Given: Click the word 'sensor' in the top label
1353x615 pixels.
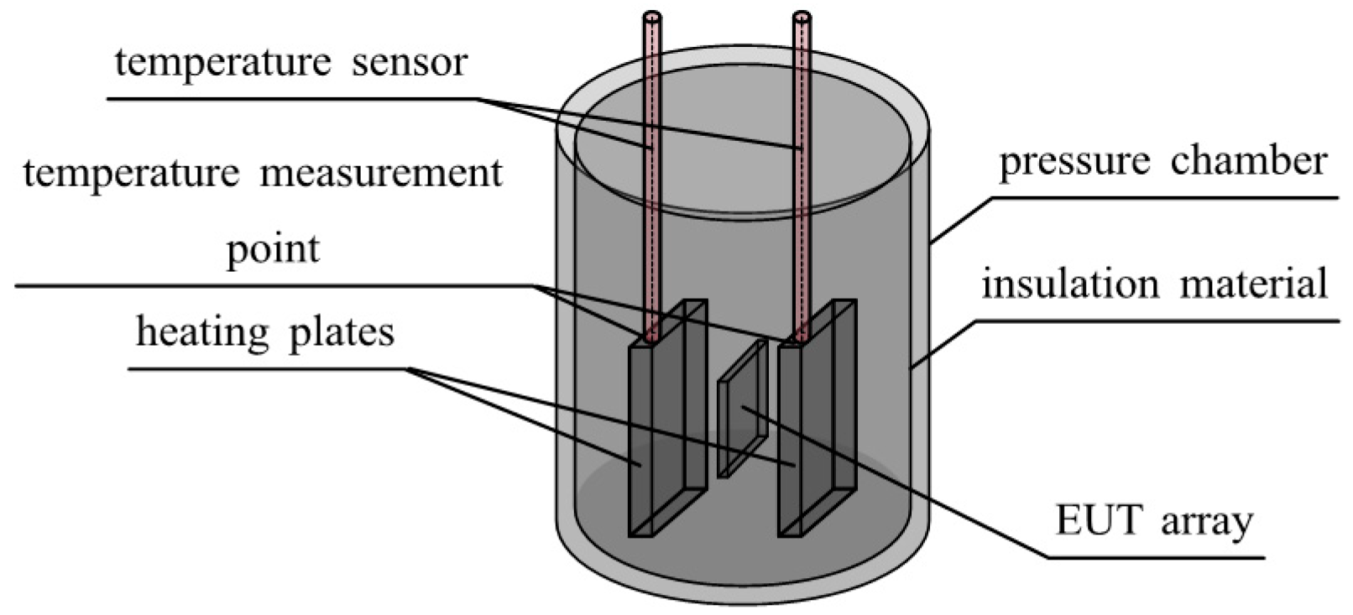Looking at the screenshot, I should [409, 63].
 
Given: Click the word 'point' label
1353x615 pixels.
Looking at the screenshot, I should [273, 249].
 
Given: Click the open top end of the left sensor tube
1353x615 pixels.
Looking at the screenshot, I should [652, 16].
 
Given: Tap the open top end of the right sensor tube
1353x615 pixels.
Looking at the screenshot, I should [802, 16].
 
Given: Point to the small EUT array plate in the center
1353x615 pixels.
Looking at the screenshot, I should [740, 415].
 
